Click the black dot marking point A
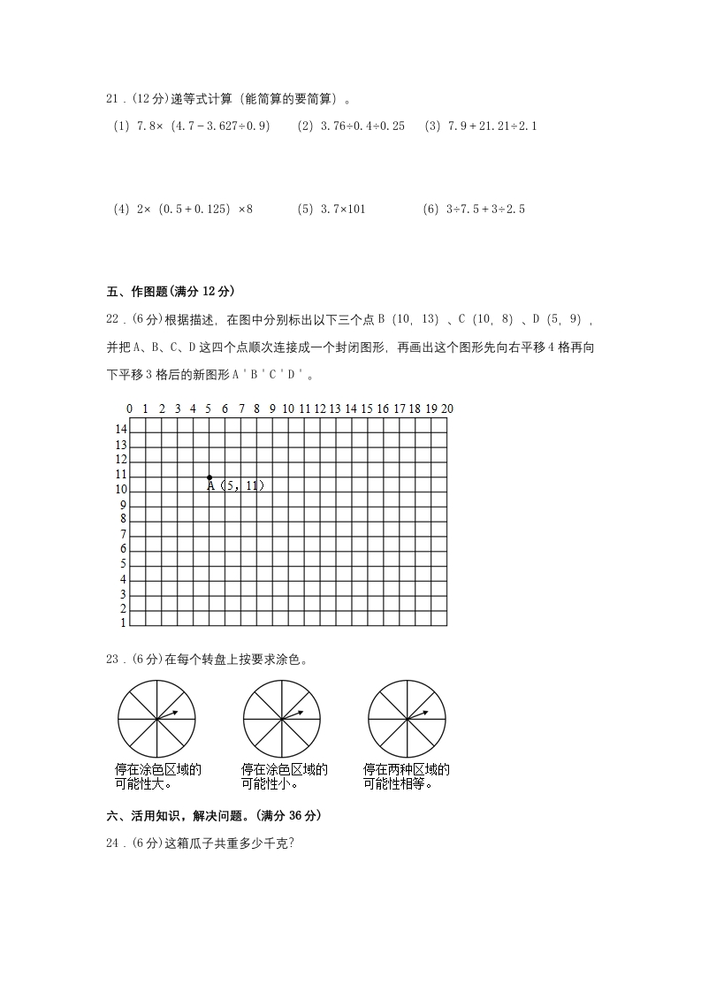tap(210, 477)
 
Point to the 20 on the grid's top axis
tap(447, 408)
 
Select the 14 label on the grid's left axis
tap(121, 428)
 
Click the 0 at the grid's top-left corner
tap(130, 408)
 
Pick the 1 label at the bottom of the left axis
tap(123, 623)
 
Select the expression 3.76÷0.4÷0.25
tap(351, 126)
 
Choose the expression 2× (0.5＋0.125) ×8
tap(183, 210)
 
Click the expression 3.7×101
tap(331, 210)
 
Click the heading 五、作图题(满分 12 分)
tap(171, 292)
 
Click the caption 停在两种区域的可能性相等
tap(407, 776)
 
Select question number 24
tap(113, 843)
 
